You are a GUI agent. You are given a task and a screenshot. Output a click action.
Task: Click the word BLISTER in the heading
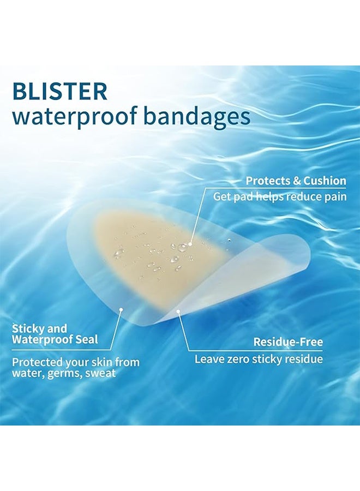point(59,91)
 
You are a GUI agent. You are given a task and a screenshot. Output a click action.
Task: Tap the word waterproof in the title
point(71,117)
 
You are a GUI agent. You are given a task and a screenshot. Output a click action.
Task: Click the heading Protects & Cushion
point(296,181)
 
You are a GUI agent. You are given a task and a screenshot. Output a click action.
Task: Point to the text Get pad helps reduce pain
point(279,196)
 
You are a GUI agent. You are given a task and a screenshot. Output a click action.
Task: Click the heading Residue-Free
point(288,342)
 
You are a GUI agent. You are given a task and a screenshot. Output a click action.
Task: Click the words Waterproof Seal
point(55,340)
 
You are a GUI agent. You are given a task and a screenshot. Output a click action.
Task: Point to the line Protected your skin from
point(76,362)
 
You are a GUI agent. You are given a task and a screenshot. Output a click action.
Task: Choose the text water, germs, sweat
point(64,374)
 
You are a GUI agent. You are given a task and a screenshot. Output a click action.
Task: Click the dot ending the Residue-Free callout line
point(178,312)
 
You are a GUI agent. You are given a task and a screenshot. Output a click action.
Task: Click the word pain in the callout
point(335,196)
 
